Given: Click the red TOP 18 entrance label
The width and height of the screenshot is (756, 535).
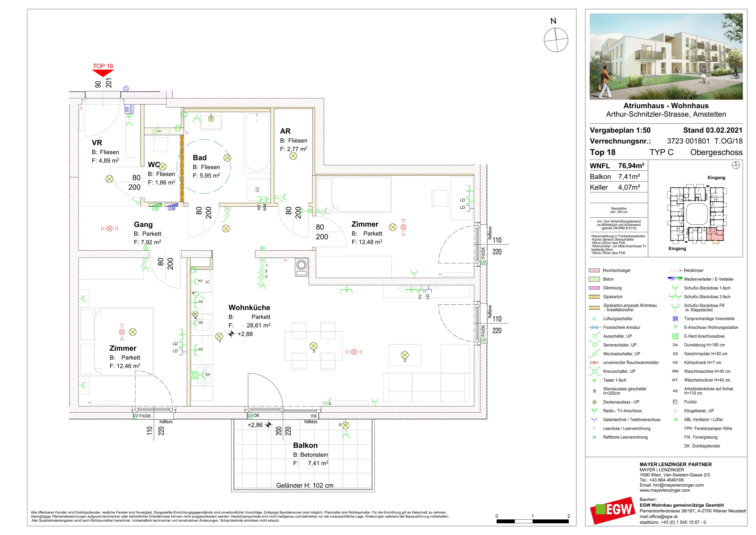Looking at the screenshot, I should [103, 66].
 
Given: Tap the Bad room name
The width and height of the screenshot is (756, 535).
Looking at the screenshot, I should [200, 158].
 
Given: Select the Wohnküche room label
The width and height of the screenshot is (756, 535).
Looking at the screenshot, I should [249, 308].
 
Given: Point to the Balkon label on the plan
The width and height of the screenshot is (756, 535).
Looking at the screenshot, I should [305, 445].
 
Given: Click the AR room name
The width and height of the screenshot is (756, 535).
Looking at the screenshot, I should [285, 131].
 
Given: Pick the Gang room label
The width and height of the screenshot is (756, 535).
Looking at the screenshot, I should [143, 225].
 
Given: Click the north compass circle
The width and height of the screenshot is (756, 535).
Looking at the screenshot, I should [556, 40].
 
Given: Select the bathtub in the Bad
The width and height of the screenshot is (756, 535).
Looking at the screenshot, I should [257, 142].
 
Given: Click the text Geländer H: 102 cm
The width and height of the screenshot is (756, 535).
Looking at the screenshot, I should [305, 486].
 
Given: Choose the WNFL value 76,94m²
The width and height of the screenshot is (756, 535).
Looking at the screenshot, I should [631, 166].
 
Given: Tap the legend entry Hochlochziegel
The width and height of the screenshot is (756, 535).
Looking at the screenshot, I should [616, 270].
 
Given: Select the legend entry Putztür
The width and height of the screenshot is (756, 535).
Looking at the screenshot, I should [691, 402].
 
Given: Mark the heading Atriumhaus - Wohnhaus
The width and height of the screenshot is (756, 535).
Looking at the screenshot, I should [666, 106].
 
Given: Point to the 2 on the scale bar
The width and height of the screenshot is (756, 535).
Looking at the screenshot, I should [569, 516].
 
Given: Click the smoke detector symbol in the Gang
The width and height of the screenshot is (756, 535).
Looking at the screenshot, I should [109, 228].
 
